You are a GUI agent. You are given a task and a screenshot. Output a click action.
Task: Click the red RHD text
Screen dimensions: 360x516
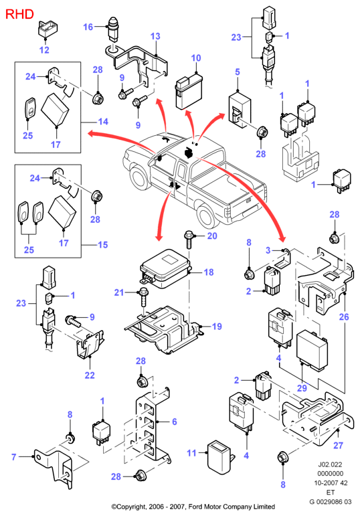(20, 14)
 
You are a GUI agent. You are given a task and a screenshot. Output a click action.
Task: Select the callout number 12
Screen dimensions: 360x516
(44, 50)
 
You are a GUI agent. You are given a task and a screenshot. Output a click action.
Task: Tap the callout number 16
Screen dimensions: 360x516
(88, 27)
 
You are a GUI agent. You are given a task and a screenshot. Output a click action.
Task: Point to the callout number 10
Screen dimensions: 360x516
(196, 58)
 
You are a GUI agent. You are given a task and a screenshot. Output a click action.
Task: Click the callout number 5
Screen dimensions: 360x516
(238, 72)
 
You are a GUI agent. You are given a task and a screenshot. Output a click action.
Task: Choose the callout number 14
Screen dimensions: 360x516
(103, 122)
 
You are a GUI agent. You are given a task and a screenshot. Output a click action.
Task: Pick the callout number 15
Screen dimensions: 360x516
(102, 245)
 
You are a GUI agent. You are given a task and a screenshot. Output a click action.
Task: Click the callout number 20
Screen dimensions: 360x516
(212, 236)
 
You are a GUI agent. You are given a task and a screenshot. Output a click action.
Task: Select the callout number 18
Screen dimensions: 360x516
(209, 272)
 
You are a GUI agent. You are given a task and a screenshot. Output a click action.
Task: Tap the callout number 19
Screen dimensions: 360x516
(217, 327)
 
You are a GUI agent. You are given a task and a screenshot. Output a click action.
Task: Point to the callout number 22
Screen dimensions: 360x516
(90, 375)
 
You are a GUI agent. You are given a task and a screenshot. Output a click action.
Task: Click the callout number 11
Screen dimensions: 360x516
(191, 453)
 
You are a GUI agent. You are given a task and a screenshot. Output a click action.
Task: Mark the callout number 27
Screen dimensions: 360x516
(338, 445)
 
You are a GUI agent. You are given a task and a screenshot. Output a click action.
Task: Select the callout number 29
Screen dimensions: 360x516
(302, 388)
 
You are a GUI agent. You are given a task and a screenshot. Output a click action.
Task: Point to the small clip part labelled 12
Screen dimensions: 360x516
(48, 29)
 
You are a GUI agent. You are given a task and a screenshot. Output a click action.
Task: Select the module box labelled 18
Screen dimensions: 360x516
(165, 268)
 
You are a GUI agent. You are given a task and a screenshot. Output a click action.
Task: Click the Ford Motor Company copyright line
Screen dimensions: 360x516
(193, 507)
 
